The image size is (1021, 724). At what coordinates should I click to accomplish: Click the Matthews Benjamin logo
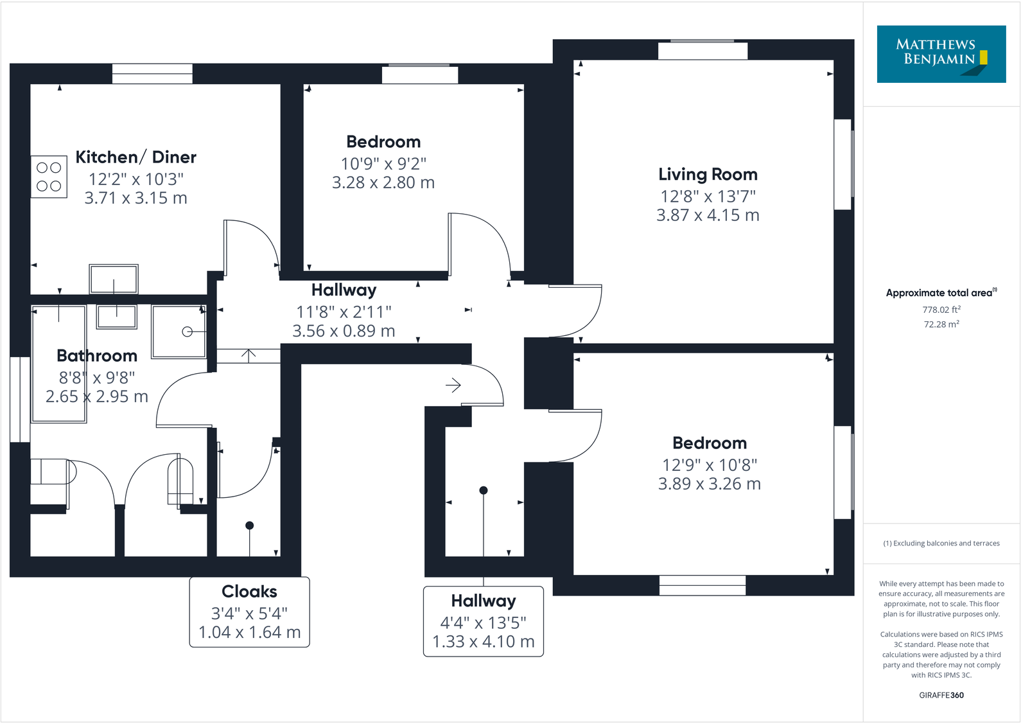(941, 54)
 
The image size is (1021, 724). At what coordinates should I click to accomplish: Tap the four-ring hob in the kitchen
(49, 177)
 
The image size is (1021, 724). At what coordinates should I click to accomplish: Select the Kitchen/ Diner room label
(135, 157)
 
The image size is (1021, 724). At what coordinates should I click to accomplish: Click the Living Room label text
(708, 175)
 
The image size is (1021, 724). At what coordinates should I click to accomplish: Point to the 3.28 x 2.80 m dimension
(383, 183)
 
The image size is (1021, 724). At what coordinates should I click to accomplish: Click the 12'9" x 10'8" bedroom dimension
(710, 465)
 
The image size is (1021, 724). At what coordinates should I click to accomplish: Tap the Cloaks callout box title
(249, 592)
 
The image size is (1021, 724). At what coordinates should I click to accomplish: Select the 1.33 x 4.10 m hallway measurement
(483, 642)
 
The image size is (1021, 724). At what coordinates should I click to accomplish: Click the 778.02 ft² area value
(941, 310)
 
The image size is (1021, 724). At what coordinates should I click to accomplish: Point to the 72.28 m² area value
(941, 324)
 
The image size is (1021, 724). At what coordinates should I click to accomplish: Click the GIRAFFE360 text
(941, 695)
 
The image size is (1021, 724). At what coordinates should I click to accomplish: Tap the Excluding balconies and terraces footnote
(941, 543)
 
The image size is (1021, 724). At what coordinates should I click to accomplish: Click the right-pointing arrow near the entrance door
(453, 385)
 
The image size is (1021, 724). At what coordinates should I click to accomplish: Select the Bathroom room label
(97, 356)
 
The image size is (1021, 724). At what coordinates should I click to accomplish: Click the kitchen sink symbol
(114, 279)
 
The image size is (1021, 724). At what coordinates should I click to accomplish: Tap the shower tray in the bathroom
(179, 331)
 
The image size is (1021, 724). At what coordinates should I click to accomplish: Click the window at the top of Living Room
(702, 51)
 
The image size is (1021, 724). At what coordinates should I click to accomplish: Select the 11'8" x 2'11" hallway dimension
(344, 312)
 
